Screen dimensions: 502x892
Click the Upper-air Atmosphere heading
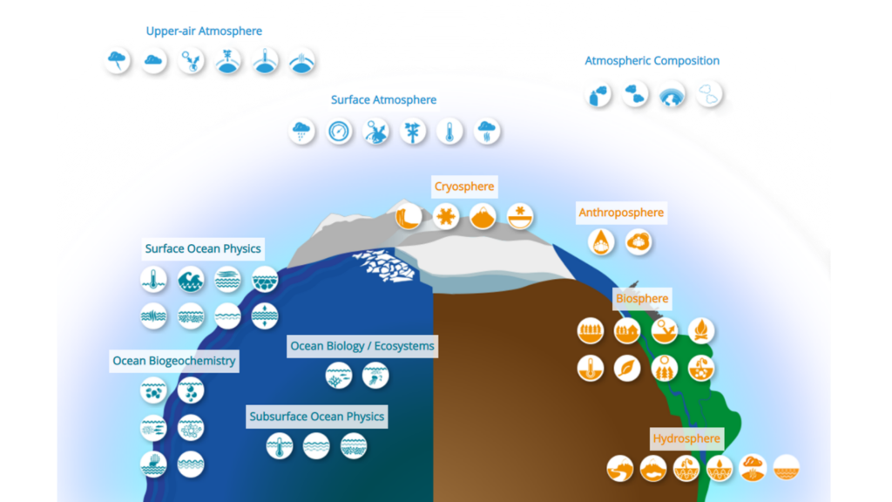click(204, 31)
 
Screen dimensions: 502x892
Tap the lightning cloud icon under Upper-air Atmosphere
click(116, 61)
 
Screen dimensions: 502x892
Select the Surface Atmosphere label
click(383, 100)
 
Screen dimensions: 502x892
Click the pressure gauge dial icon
click(339, 132)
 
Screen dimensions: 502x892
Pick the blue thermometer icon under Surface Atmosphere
click(449, 132)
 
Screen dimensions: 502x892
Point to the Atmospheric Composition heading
click(652, 61)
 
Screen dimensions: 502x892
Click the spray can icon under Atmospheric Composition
click(600, 94)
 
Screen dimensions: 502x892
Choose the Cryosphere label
click(464, 187)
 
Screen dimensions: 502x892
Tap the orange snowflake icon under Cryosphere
click(445, 216)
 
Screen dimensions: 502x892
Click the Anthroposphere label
click(621, 213)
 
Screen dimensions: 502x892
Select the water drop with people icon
click(601, 241)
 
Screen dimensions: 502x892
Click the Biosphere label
click(642, 299)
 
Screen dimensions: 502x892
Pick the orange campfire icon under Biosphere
click(701, 330)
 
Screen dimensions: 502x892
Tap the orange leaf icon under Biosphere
click(627, 368)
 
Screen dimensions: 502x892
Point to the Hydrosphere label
click(686, 438)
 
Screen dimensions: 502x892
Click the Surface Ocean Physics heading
click(203, 249)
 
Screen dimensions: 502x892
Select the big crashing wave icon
click(191, 280)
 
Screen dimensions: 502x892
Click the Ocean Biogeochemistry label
click(174, 361)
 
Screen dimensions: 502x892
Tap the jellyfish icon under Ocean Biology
click(375, 376)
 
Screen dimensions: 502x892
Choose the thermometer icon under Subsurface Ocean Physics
click(280, 446)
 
